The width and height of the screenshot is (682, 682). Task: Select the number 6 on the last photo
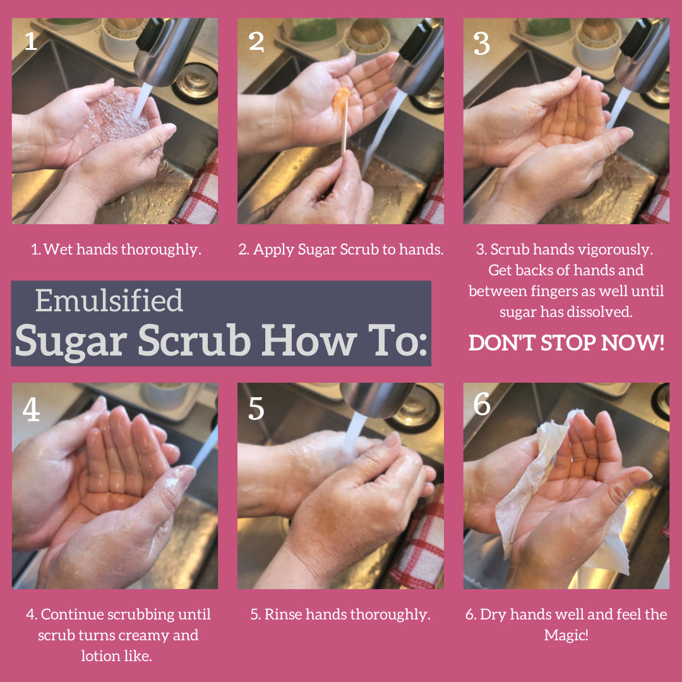pos(482,404)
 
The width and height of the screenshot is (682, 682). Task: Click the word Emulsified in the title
pos(109,301)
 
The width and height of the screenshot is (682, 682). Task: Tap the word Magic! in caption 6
pos(566,635)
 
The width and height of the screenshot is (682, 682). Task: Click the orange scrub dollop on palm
pos(341,99)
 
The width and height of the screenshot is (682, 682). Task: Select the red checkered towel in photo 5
pos(419,543)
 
